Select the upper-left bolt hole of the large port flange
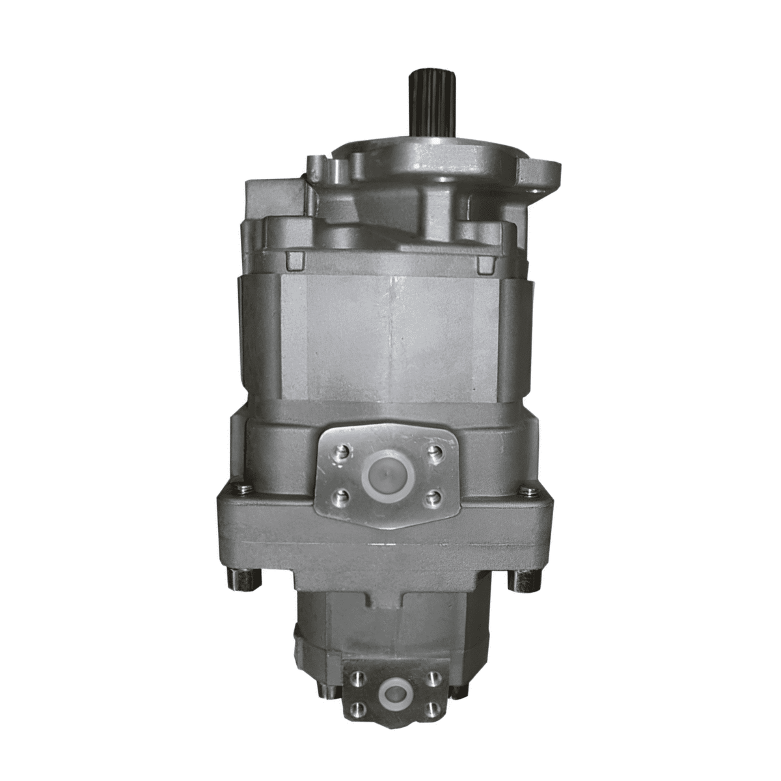click(340, 451)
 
